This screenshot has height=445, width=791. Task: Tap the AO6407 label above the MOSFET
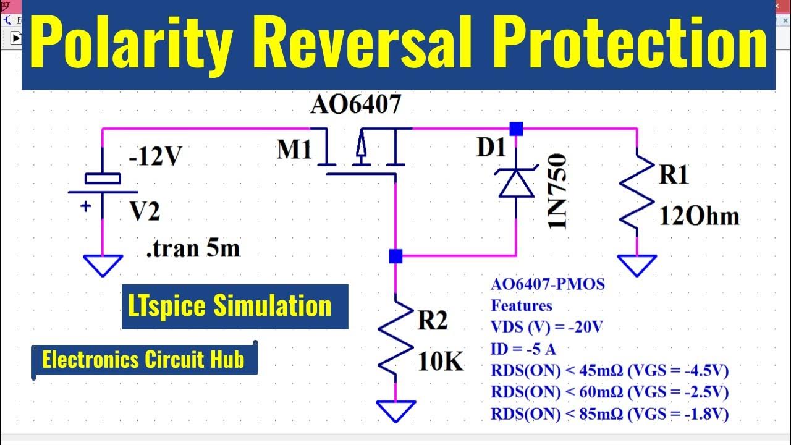(355, 105)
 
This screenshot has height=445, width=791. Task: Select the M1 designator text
(294, 150)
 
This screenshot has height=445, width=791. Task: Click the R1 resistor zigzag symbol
(637, 192)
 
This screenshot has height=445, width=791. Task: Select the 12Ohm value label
(699, 216)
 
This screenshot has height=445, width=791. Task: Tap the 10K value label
(440, 362)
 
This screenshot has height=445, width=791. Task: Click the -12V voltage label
(155, 158)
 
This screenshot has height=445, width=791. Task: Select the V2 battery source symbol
(103, 185)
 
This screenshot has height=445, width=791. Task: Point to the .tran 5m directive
(192, 248)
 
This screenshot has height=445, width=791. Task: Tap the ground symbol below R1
(637, 265)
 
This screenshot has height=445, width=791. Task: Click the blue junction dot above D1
(516, 129)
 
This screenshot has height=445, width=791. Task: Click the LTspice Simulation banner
(235, 307)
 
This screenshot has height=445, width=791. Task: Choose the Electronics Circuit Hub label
(143, 359)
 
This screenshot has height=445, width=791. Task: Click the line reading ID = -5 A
(523, 349)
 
